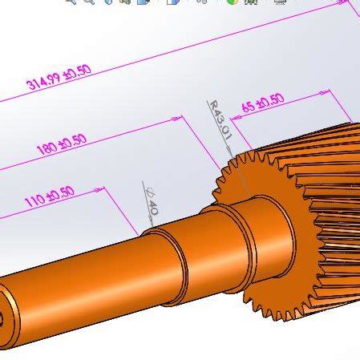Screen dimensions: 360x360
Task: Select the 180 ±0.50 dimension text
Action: [61, 143]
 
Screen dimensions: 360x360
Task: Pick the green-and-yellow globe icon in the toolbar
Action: [232, 2]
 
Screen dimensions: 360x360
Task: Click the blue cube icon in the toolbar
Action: [143, 2]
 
